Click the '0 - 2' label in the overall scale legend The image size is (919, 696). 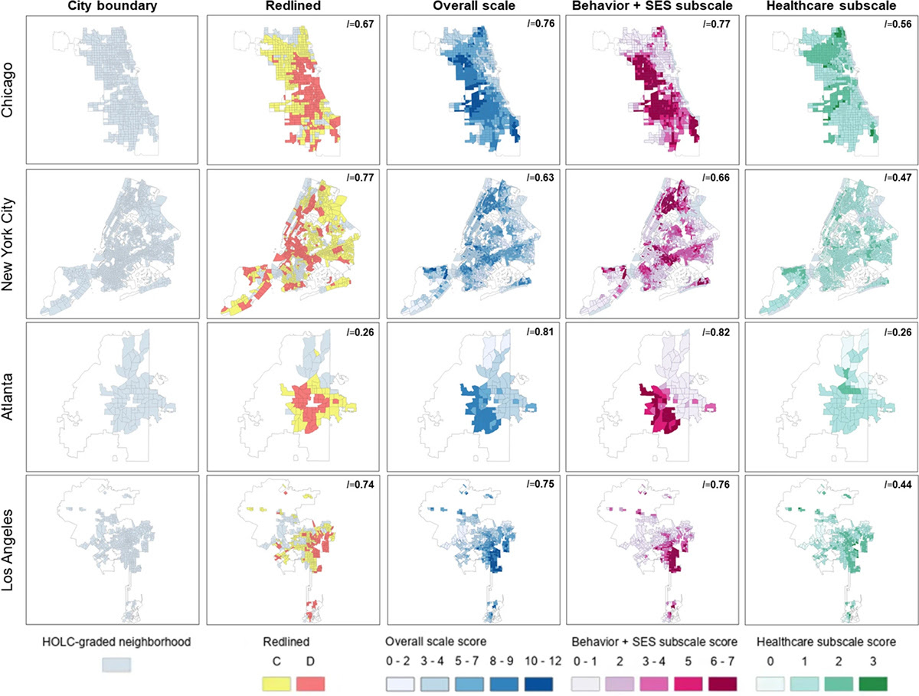[x=399, y=659]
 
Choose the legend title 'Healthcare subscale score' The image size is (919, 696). [x=827, y=642]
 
